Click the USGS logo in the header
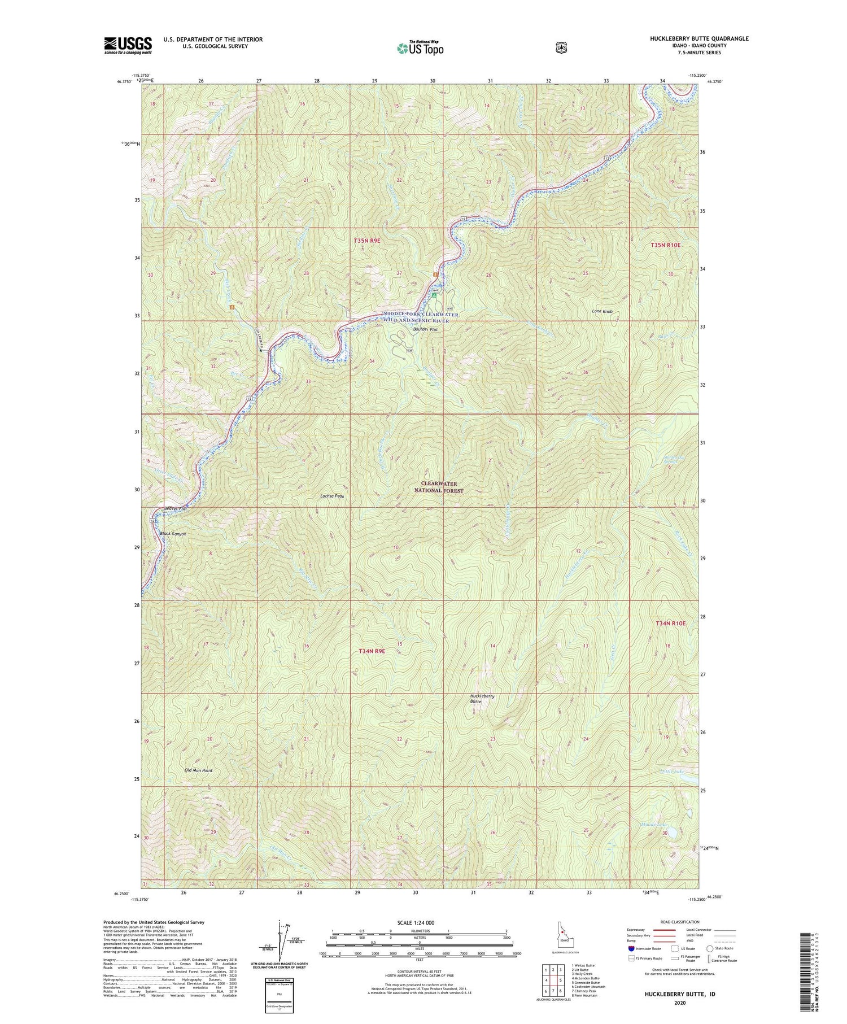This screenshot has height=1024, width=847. point(128,45)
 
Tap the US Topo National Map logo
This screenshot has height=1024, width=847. point(420,48)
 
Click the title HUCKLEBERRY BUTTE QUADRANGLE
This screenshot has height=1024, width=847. point(699,39)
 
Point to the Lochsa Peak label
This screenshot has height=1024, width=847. point(331,496)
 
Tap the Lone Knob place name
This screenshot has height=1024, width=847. point(602,311)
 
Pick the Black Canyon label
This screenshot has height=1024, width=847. point(173,533)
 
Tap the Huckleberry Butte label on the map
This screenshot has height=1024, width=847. point(482,699)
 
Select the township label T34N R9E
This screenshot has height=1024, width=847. point(372,651)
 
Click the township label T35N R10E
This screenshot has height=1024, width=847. point(666,245)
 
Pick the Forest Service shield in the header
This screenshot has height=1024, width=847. point(561,48)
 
